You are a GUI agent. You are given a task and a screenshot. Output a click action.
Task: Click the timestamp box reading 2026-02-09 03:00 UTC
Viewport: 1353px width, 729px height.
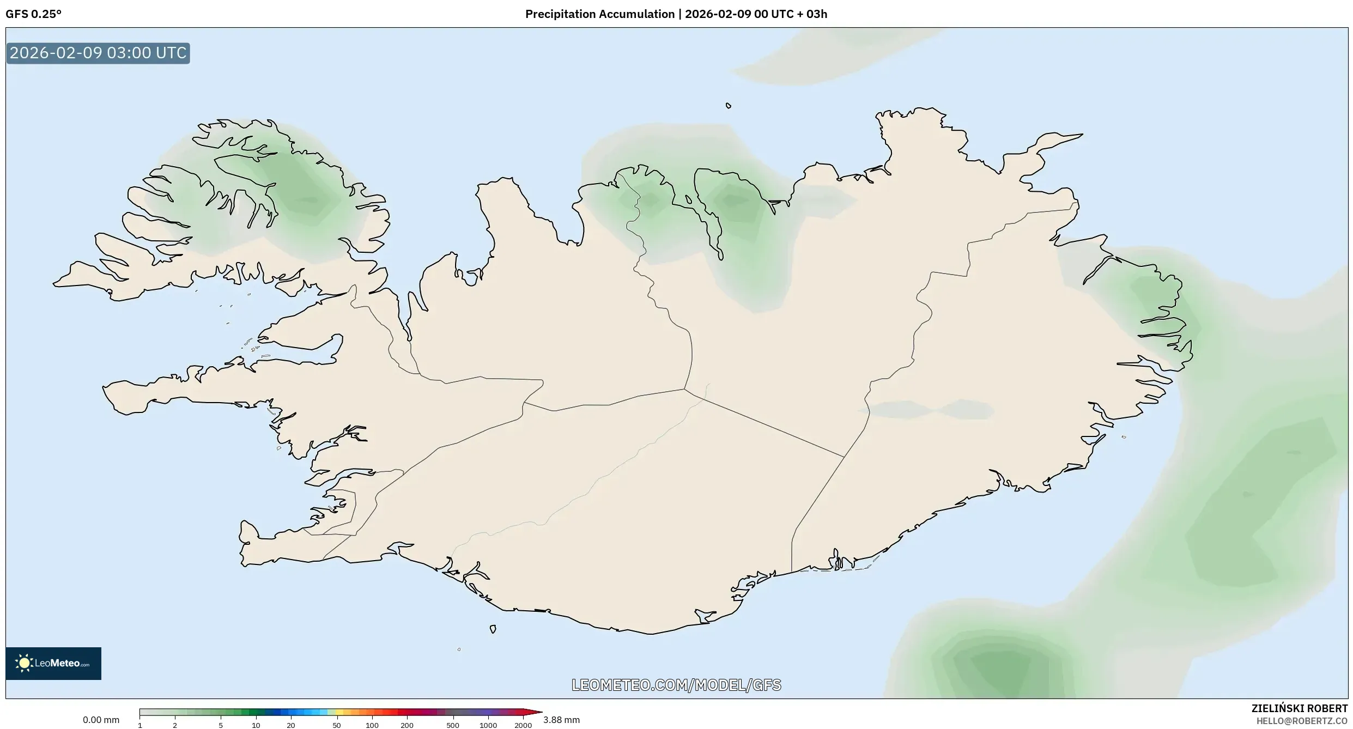98,53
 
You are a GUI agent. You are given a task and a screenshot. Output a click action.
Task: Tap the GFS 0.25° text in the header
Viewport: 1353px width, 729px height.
34,14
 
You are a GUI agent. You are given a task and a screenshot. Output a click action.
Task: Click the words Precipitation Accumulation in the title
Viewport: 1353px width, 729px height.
599,14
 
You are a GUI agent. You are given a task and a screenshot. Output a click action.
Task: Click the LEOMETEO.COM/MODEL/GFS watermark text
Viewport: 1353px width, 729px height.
676,685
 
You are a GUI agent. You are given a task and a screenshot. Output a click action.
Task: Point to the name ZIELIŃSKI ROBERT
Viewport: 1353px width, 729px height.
1299,708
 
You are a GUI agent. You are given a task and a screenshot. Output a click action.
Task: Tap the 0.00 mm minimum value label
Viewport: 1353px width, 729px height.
101,720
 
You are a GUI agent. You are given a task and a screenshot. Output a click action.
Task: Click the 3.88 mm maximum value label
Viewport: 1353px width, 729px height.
561,720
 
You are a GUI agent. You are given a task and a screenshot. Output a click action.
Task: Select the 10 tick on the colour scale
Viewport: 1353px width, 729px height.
256,725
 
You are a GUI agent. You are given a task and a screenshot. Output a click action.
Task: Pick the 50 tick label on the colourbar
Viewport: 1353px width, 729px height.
336,725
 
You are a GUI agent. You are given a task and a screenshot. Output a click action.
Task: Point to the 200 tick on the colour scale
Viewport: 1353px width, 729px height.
406,725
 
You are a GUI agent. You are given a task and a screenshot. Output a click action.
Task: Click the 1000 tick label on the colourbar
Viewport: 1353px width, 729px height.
488,725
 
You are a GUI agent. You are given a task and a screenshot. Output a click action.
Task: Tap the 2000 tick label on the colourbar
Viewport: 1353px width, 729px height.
523,725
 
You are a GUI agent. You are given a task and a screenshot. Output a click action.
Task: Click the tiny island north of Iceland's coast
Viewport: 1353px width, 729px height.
729,106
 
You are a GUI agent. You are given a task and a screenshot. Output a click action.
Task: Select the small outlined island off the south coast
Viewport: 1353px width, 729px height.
493,629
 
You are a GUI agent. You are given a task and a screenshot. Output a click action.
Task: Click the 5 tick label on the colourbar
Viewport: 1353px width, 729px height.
221,725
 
